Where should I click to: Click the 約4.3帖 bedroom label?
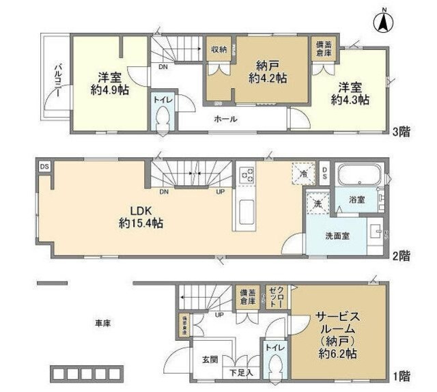coord(350,100)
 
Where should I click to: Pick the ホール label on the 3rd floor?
coord(225,119)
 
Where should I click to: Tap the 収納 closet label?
coord(218,49)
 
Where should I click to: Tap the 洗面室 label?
coord(337,236)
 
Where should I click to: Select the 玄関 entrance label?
coord(208,360)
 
